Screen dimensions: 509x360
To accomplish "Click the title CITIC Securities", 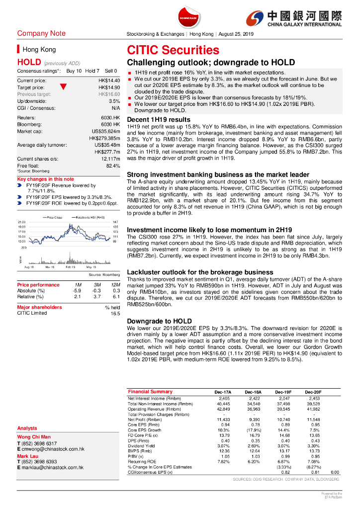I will click(x=173, y=50).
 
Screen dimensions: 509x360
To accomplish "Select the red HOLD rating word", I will click(x=29, y=63).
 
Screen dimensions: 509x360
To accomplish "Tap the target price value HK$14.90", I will click(x=109, y=87).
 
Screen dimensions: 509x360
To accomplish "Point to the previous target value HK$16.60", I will click(x=109, y=94).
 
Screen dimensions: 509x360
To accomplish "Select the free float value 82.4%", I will click(x=113, y=166).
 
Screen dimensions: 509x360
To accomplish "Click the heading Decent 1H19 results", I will click(x=158, y=119).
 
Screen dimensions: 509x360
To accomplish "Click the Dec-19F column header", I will click(x=283, y=392).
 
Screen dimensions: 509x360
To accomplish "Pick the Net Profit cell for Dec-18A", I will click(x=252, y=420).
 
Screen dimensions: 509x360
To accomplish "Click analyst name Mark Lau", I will click(x=28, y=456).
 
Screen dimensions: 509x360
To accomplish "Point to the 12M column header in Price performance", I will click(x=116, y=285).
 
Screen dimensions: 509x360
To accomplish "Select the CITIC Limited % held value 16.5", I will click(x=115, y=314).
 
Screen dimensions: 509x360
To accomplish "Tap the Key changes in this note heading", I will click(x=45, y=179).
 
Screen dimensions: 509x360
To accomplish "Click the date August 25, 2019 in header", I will click(x=236, y=34).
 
